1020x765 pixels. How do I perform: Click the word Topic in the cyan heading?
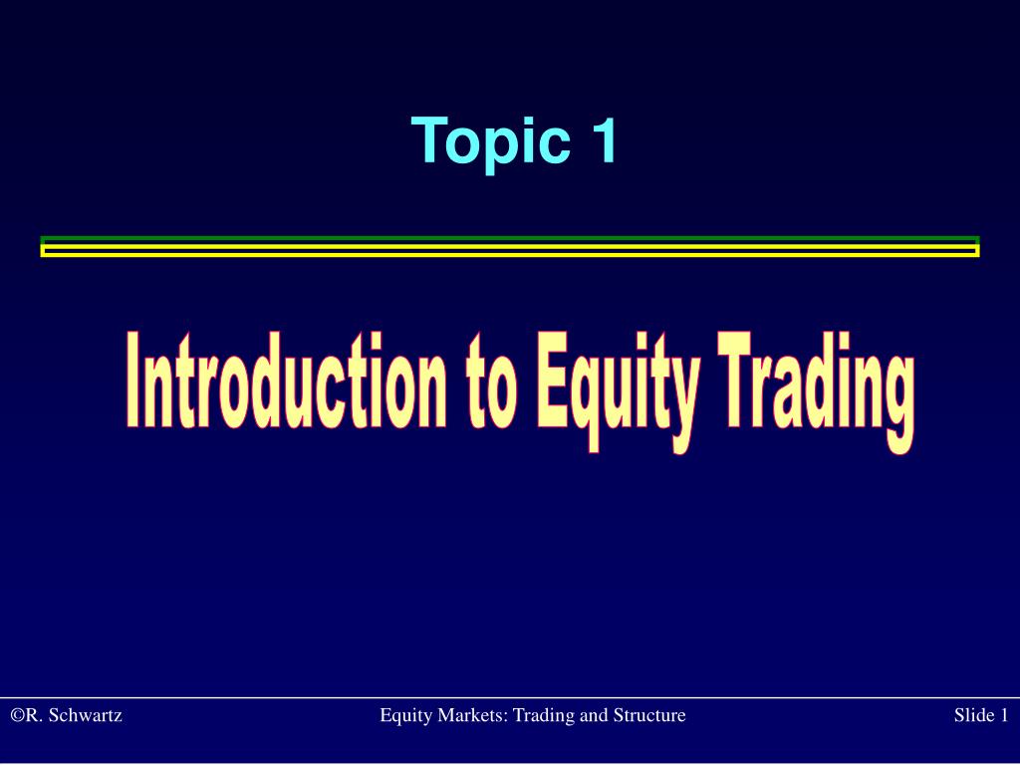click(x=490, y=141)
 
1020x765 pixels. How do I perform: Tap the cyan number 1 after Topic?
click(x=604, y=139)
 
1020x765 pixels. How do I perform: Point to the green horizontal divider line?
click(x=510, y=239)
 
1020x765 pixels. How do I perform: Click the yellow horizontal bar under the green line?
click(x=510, y=250)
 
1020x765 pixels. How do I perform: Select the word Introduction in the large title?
click(x=287, y=380)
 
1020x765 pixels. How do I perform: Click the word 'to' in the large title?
click(x=491, y=383)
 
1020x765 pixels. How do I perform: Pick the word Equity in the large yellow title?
click(x=618, y=390)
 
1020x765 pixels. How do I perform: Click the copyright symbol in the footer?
click(x=18, y=715)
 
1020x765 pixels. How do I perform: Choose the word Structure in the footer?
click(x=649, y=715)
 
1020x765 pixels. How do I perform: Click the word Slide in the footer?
click(x=972, y=715)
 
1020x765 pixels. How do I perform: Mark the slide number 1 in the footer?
click(x=1003, y=715)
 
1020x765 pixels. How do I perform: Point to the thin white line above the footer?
click(x=510, y=697)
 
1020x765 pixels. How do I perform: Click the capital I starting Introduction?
click(x=133, y=380)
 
